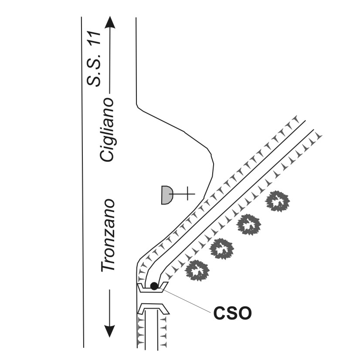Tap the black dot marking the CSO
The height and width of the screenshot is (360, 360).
point(154,286)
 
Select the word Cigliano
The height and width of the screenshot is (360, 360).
point(107,130)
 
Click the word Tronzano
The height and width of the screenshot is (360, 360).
point(108,235)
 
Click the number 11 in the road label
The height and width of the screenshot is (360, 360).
point(94,38)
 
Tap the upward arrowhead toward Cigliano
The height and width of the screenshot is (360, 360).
point(110,22)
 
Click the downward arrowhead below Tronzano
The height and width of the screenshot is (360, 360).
point(110,331)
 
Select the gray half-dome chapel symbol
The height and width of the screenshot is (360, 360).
point(167,195)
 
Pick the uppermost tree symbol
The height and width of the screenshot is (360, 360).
point(277,201)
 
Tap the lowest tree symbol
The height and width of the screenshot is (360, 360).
point(197,271)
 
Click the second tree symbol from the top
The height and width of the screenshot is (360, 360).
point(249,224)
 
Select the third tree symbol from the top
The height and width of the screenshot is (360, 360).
point(222,249)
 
